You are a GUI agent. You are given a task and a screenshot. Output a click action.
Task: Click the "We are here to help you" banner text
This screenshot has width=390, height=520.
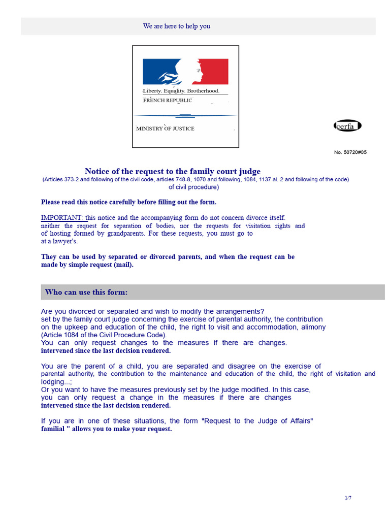coord(176,26)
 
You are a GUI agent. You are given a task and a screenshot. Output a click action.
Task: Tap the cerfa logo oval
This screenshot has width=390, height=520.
coord(347,126)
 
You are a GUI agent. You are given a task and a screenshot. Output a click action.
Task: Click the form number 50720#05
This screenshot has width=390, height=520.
coord(350,152)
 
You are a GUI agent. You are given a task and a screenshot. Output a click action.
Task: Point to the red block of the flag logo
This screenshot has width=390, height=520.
coord(215,71)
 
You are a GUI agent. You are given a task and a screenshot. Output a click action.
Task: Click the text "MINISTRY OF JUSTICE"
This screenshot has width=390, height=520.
coord(165,128)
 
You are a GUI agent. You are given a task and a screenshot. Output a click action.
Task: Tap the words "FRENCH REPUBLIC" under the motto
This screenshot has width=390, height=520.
coord(168,101)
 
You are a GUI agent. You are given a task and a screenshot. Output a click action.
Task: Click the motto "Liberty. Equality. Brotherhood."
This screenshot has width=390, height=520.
coord(181,91)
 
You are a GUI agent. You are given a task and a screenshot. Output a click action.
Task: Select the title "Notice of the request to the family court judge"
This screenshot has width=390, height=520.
coord(172,172)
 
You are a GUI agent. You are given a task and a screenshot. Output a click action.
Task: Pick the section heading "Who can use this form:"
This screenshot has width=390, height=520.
coord(86,292)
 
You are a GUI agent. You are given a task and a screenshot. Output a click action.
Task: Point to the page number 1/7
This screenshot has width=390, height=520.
coord(348,498)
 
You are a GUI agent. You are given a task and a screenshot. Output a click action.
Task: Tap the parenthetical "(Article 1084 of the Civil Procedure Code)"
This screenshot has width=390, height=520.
coord(104,335)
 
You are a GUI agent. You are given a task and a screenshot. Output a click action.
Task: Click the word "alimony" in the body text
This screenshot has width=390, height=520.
coord(314,328)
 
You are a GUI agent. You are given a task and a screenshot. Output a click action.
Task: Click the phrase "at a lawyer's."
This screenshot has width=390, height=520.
coord(59,241)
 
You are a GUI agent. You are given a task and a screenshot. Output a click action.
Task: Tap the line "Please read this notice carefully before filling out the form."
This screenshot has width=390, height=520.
coord(128,202)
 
